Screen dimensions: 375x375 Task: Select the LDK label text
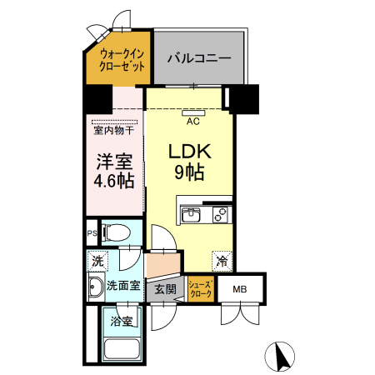[191, 152]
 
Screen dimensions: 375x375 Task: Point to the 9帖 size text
[191, 173]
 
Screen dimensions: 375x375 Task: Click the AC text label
[192, 122]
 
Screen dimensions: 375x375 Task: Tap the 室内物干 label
[113, 130]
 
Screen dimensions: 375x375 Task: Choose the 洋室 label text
[112, 160]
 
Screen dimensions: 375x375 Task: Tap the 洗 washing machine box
[97, 261]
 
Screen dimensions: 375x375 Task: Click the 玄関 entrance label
[165, 290]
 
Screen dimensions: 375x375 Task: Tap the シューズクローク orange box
[201, 289]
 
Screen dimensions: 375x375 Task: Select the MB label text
[240, 290]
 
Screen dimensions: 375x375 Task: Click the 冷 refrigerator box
[222, 261]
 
